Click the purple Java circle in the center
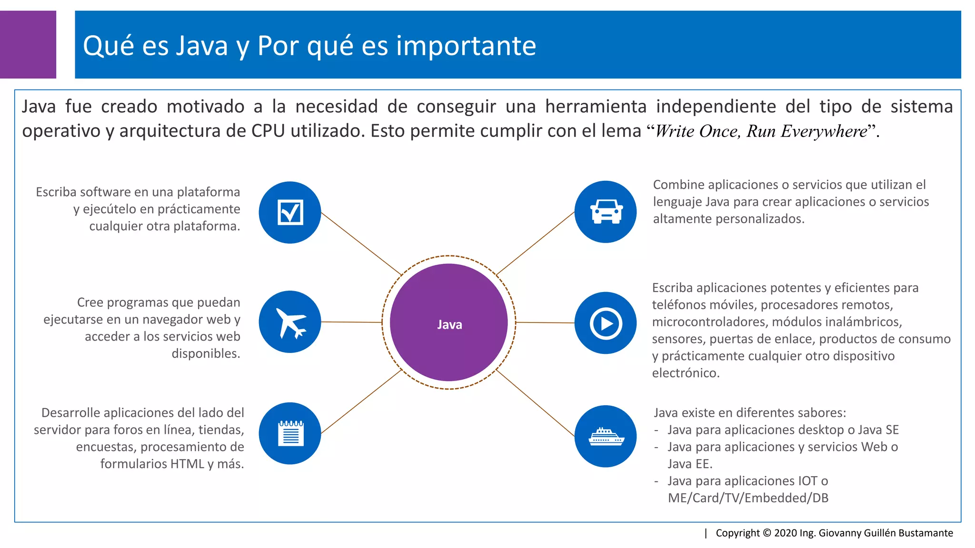click(448, 323)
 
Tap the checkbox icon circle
click(290, 212)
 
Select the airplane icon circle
click(290, 322)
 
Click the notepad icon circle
click(290, 433)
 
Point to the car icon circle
click(606, 212)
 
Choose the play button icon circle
click(606, 323)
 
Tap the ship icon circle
click(606, 436)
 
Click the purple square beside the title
click(28, 45)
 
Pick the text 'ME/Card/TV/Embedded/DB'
click(748, 498)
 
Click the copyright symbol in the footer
click(766, 533)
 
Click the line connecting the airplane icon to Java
click(351, 322)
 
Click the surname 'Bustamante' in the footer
click(925, 533)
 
